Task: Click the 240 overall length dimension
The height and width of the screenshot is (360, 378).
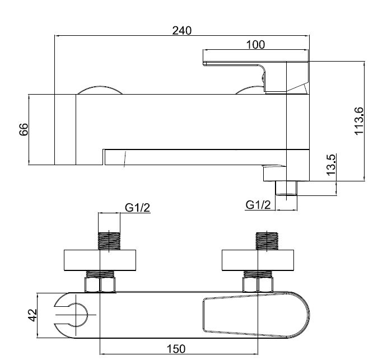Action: tap(181, 31)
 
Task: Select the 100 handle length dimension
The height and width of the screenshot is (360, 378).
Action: tap(255, 44)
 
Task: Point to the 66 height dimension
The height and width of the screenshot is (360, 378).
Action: tap(24, 130)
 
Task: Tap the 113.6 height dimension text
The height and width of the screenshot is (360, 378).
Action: tap(360, 120)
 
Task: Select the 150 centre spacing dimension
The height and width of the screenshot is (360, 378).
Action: tap(177, 348)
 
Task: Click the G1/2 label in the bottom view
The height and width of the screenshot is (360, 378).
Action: tap(137, 208)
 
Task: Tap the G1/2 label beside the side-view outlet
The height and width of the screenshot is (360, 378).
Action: tap(258, 205)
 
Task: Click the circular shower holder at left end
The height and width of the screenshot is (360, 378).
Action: tap(72, 315)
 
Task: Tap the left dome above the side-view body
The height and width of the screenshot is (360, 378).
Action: tap(99, 91)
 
